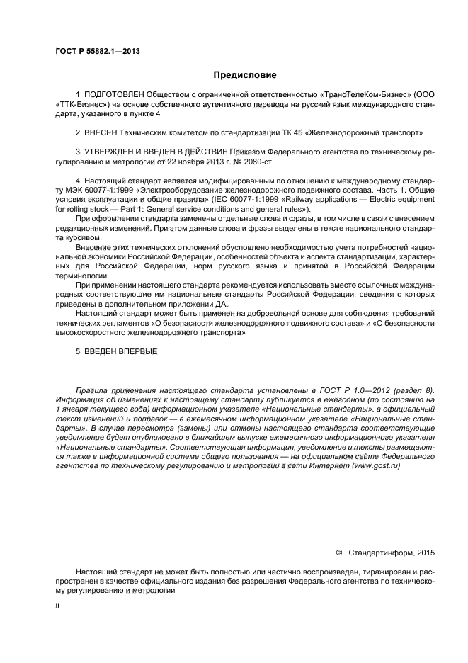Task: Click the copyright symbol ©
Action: point(338,552)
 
